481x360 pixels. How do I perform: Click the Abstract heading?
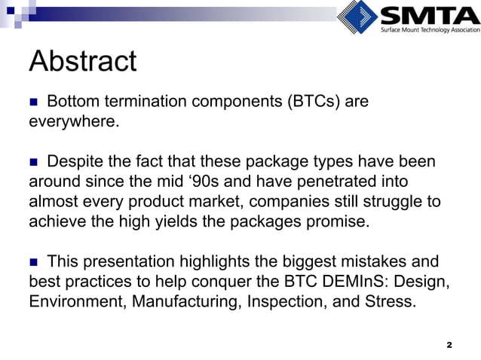82,62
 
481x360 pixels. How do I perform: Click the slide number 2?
449,344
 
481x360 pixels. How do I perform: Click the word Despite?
75,163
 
